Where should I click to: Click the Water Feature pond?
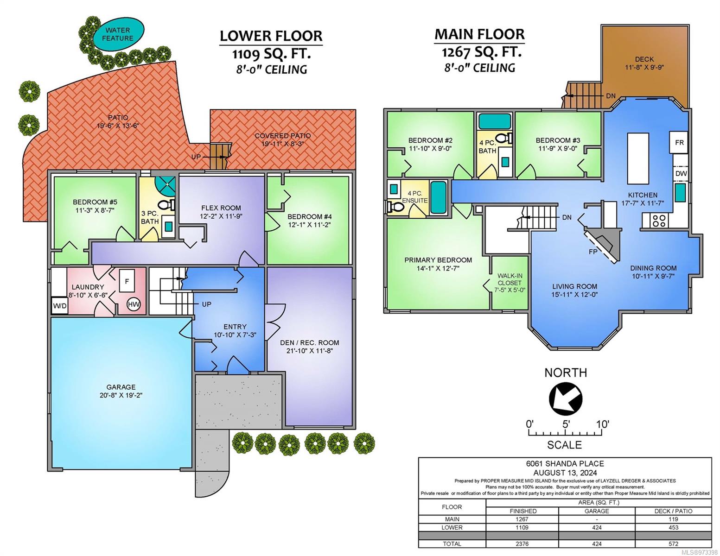coord(118,34)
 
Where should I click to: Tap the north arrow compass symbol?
coord(566,399)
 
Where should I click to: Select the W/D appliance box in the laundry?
coord(60,306)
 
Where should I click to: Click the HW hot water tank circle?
coord(134,304)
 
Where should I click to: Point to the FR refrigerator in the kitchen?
coord(679,142)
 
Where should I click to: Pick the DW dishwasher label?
coord(681,173)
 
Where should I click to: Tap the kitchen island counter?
coord(638,158)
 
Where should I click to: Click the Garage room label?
coord(121,387)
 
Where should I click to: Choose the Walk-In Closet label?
coord(509,279)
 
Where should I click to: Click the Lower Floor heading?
coord(271,36)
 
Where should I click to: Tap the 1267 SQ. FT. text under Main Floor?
coord(481,52)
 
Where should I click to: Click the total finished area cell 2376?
coord(522,544)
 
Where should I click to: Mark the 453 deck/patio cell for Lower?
coord(673,528)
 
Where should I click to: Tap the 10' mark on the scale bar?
coord(602,424)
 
